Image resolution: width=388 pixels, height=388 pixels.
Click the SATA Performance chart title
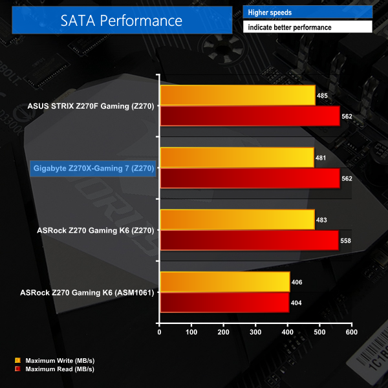point(122,20)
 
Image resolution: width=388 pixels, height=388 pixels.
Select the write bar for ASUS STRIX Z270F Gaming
point(237,95)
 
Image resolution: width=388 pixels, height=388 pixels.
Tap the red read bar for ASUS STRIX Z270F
point(250,116)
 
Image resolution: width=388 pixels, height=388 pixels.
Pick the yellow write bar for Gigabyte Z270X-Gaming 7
point(237,157)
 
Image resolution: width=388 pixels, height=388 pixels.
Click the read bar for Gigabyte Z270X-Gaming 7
point(250,178)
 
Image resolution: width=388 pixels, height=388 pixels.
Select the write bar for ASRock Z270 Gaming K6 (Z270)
point(237,220)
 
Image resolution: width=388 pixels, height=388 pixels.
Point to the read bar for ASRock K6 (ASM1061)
point(224,302)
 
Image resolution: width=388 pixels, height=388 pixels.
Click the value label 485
point(322,96)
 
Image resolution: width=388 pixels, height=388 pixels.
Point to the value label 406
point(297,282)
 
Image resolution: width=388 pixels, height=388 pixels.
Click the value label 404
point(296,303)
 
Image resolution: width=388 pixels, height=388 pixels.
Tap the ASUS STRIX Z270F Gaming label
point(91,106)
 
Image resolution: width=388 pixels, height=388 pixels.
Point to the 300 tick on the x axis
point(255,332)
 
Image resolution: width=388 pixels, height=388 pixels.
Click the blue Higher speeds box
point(308,12)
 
